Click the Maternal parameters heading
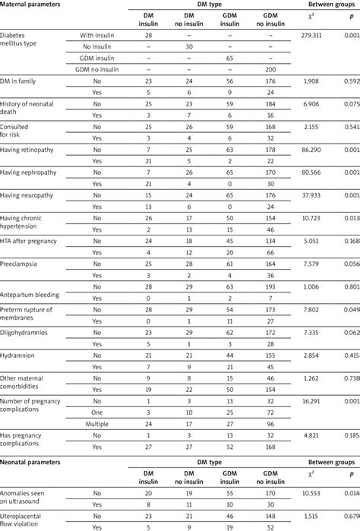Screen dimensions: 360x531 click(37, 6)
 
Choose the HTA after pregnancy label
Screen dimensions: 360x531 click(36, 240)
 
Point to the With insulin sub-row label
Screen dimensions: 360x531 click(99, 36)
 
